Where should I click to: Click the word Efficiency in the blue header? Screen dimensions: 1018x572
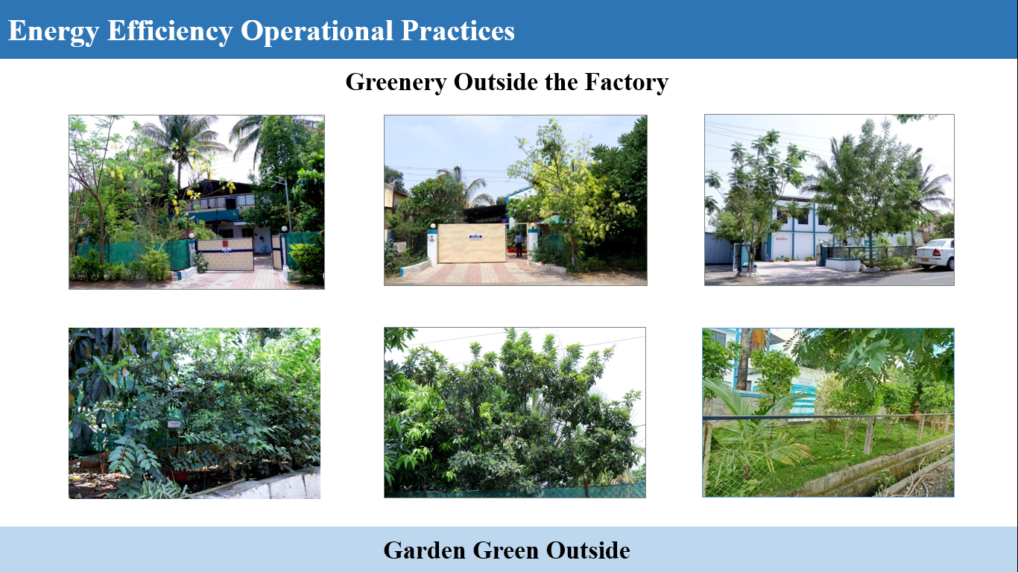(x=169, y=31)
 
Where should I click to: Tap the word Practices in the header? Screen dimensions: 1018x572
(x=458, y=30)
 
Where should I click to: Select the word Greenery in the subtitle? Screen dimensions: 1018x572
(x=396, y=82)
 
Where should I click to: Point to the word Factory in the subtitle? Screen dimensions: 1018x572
(x=626, y=82)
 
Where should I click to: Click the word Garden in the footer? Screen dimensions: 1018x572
(x=425, y=550)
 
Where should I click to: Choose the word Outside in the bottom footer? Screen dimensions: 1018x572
(x=588, y=550)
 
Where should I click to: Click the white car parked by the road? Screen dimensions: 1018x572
(x=935, y=254)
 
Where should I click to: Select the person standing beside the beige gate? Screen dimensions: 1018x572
(x=519, y=244)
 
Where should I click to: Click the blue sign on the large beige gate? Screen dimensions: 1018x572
(x=475, y=237)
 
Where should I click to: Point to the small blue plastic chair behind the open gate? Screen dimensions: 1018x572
(x=264, y=249)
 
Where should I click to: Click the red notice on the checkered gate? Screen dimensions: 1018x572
(x=225, y=244)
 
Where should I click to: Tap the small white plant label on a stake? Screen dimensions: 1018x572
(x=174, y=425)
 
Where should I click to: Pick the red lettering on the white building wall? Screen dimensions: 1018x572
(x=781, y=238)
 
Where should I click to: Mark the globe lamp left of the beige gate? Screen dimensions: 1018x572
(x=433, y=226)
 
